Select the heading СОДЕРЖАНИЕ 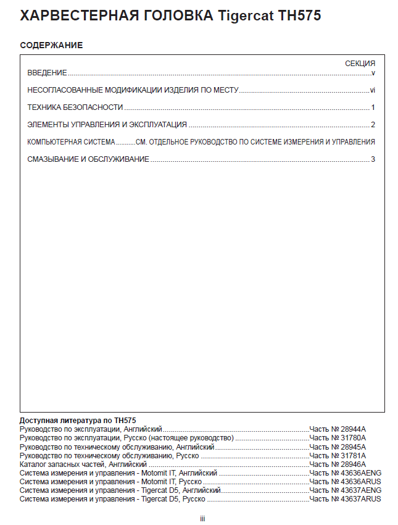51,46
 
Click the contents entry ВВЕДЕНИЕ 47,73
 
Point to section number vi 373,90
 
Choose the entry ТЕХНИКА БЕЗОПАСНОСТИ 75,107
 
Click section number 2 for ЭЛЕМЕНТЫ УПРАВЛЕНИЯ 373,125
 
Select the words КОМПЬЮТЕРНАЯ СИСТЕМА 71,142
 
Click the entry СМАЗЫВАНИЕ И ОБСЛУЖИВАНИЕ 88,159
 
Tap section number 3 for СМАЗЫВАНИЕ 373,159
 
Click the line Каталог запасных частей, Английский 83,464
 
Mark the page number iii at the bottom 202,518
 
